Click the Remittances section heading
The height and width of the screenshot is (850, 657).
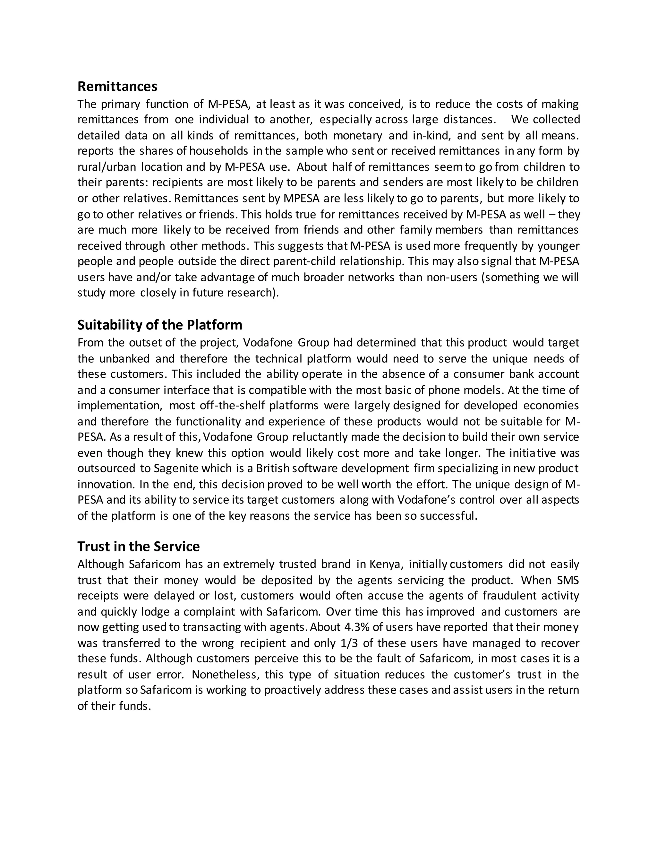coord(117,86)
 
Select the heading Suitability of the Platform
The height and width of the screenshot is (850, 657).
coord(159,325)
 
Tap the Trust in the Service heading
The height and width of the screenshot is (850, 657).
coord(138,547)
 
